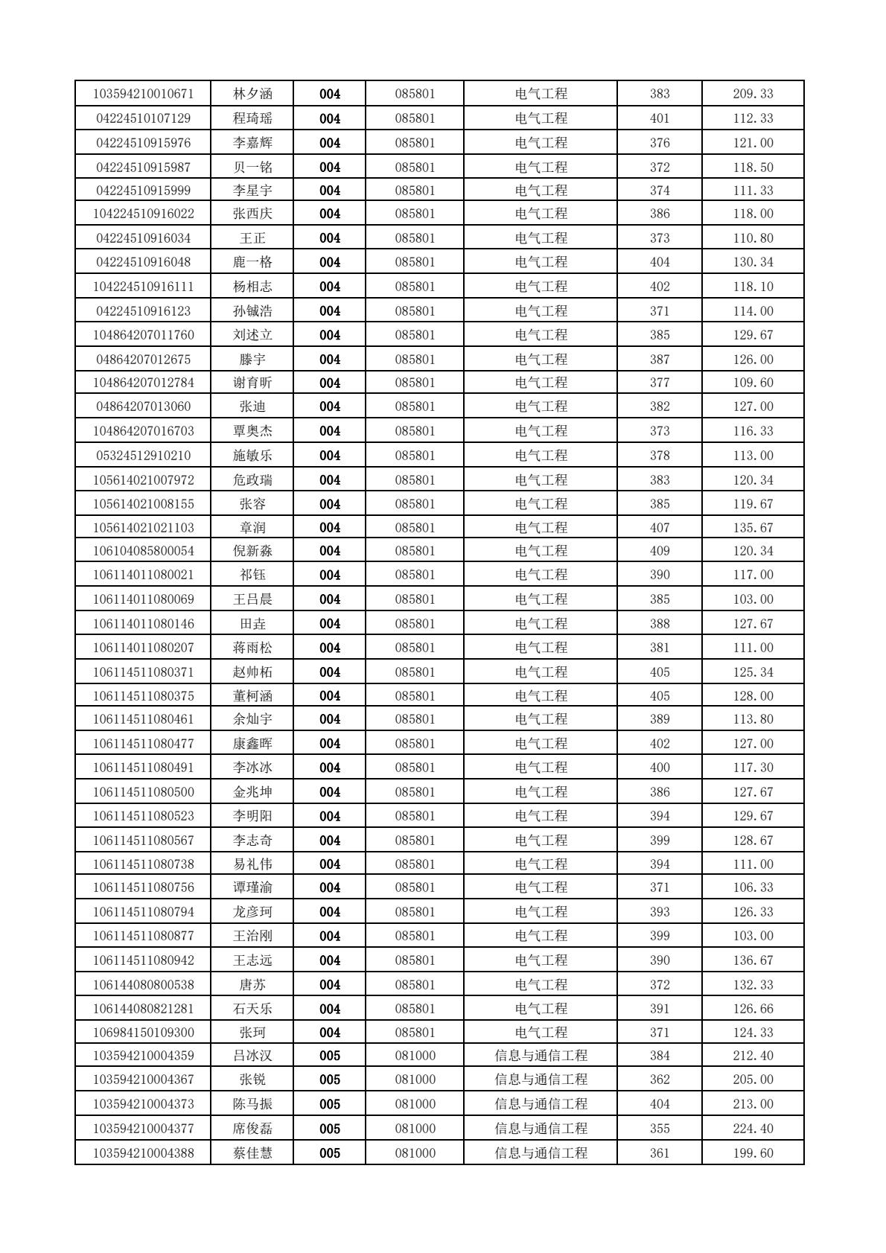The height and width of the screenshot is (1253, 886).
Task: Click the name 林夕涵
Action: tap(252, 94)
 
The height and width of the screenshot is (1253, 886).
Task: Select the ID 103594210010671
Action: tap(143, 94)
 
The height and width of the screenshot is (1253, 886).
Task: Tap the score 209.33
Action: tap(753, 94)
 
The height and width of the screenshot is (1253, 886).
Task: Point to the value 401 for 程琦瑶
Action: tap(660, 118)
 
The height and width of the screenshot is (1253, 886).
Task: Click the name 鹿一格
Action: tap(252, 262)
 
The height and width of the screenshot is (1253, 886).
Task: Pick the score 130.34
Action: tap(753, 262)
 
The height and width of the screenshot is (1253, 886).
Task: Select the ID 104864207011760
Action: tap(143, 335)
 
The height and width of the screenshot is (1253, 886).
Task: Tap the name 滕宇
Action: tap(252, 360)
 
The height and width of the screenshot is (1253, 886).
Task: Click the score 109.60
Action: tap(753, 383)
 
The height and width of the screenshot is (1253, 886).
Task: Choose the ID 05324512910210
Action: tap(143, 456)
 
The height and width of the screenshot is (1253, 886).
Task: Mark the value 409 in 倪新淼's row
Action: tap(660, 551)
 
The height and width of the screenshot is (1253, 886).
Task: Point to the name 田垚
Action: tap(252, 624)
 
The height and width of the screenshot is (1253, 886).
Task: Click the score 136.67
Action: tap(753, 960)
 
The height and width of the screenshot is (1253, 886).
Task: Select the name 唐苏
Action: tap(252, 985)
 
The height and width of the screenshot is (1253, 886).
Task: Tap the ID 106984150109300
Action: tap(143, 1033)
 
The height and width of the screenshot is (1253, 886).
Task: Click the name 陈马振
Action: tap(252, 1104)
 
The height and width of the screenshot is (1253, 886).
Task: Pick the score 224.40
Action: tap(753, 1129)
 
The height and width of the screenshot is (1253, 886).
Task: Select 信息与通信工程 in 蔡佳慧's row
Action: tap(541, 1153)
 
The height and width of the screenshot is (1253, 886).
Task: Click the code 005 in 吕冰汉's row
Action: tap(330, 1056)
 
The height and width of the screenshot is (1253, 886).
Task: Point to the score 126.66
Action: tap(753, 1009)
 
